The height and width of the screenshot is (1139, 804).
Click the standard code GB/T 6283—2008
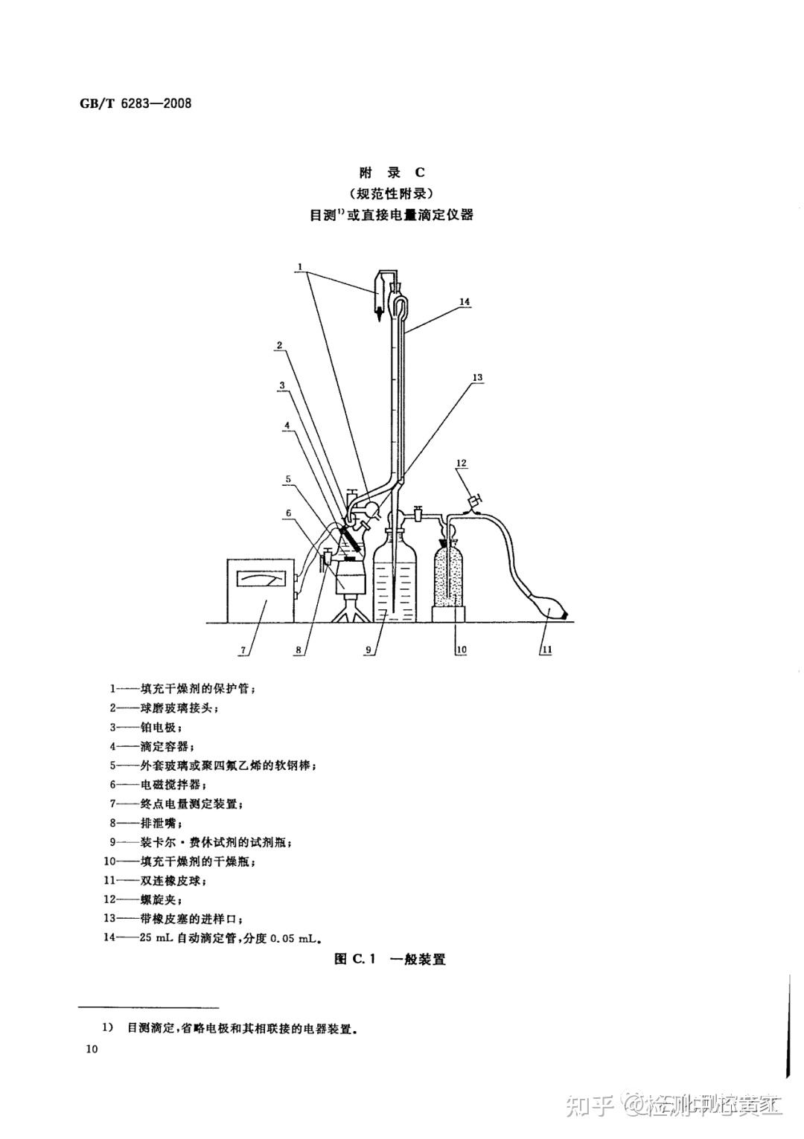coord(135,103)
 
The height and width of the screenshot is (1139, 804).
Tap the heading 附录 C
coord(392,173)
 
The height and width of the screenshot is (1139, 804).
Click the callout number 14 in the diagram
coord(465,302)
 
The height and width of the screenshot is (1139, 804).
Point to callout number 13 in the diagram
coord(477,378)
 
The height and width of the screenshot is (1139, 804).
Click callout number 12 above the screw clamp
coord(461,463)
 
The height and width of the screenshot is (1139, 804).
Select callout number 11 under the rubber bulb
coord(546,650)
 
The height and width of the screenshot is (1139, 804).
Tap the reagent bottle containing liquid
coord(393,577)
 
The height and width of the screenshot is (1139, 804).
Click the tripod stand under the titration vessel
coord(351,609)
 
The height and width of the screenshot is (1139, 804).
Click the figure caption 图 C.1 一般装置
coord(390,959)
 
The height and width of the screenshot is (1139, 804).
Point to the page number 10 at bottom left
coord(92,1050)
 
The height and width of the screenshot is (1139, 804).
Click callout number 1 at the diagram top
coord(299,266)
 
